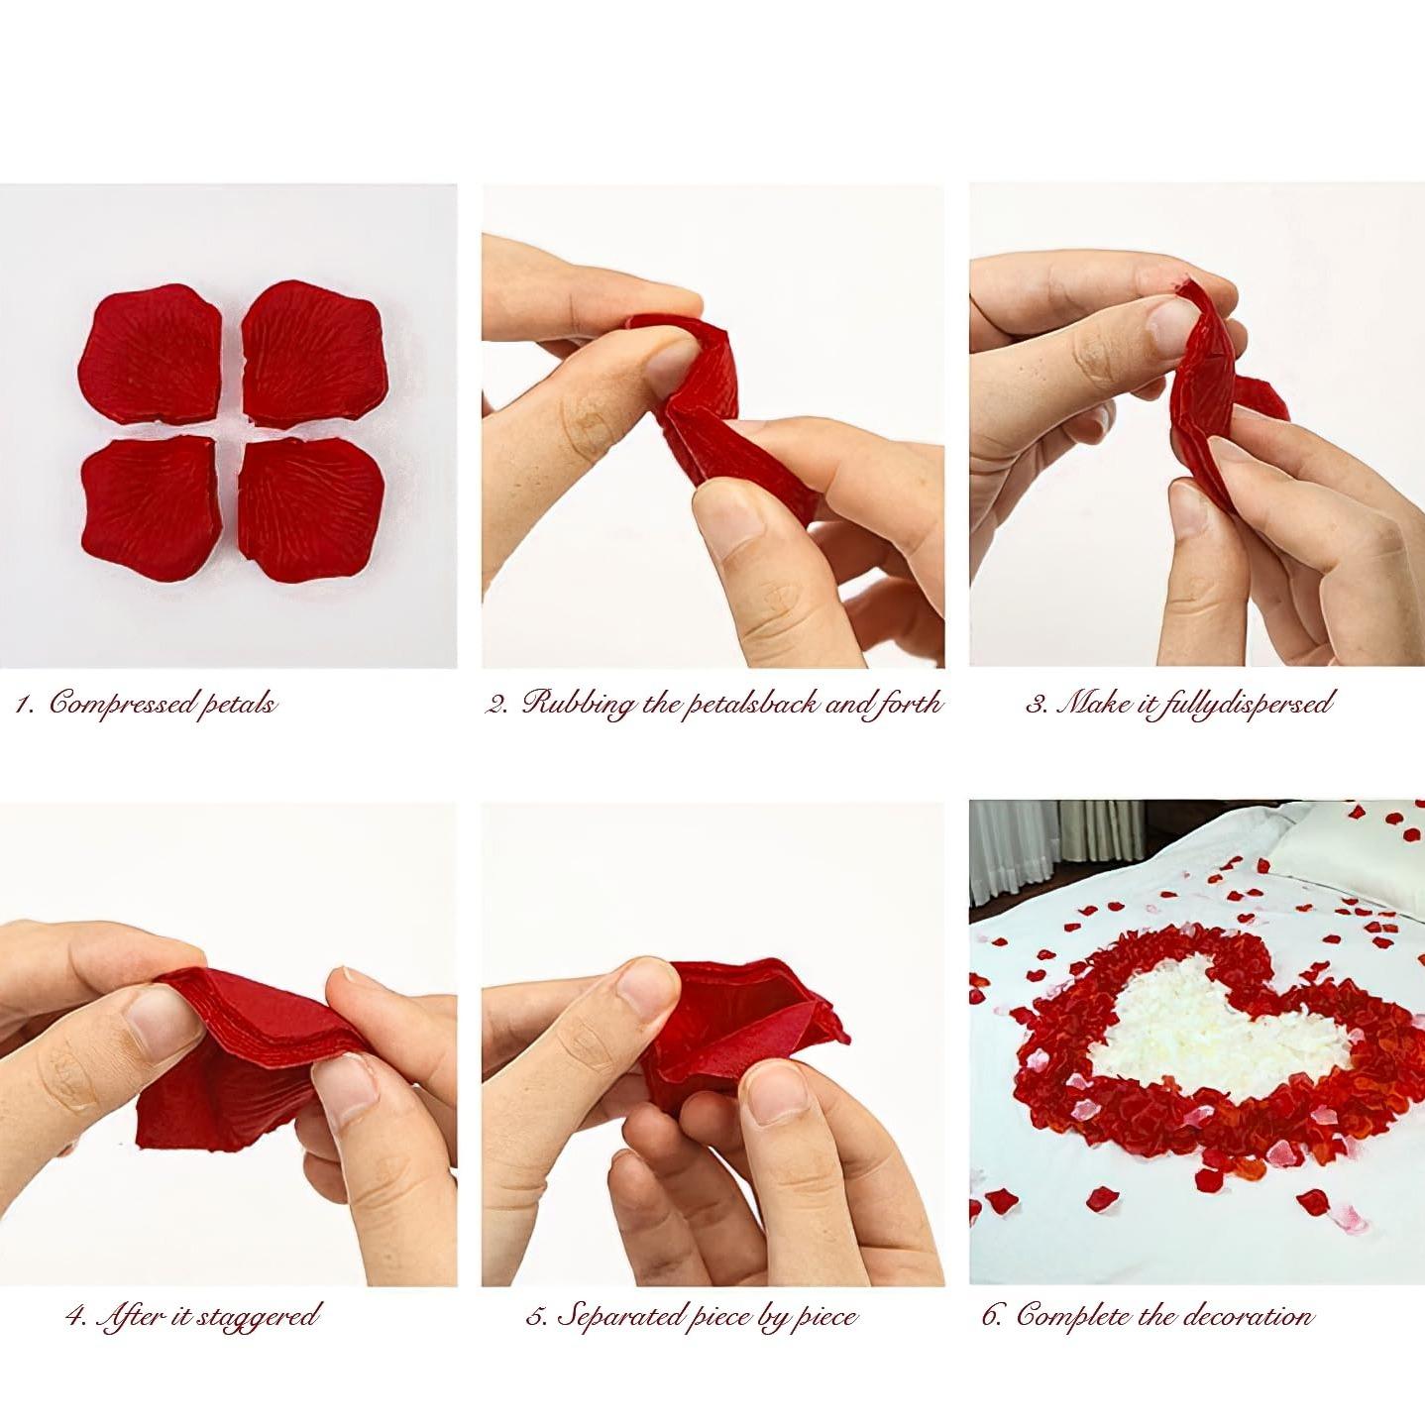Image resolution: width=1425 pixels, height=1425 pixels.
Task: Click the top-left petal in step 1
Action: tap(151, 354)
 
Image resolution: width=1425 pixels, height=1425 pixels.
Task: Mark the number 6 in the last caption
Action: tap(992, 1316)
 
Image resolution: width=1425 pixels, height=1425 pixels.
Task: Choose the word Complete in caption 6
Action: tap(1073, 1316)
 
